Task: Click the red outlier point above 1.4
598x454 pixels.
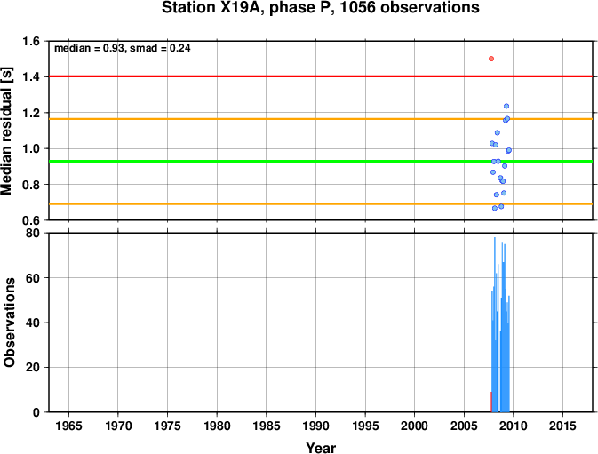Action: point(491,59)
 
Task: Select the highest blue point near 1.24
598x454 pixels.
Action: point(506,106)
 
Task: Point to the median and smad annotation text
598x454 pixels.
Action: point(123,48)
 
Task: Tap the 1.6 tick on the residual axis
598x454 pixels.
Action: point(31,41)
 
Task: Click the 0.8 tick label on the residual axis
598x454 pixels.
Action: point(31,185)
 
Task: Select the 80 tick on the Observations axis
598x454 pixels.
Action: point(32,233)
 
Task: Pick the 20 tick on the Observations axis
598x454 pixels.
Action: point(32,368)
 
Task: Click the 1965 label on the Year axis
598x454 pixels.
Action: point(68,426)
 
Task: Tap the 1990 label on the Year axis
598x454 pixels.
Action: point(315,426)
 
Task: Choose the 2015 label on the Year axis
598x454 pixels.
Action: point(562,426)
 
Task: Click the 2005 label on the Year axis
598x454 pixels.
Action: point(464,426)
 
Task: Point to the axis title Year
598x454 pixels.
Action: point(321,448)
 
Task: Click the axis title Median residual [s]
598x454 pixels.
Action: point(7,131)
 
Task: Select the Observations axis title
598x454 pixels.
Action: point(9,323)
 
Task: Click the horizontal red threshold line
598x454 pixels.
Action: point(321,76)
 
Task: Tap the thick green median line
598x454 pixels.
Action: point(321,161)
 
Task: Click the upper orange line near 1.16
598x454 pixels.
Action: point(321,119)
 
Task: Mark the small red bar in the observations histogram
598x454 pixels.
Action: point(491,402)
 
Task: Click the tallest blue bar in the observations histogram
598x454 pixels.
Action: point(495,324)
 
